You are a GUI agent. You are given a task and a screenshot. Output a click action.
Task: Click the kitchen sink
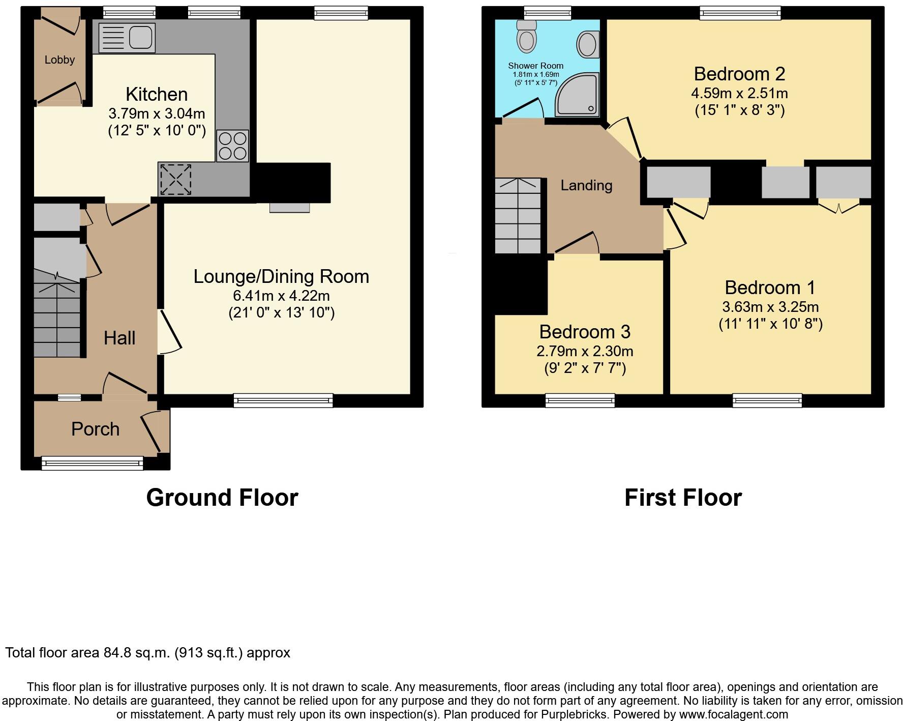(127, 38)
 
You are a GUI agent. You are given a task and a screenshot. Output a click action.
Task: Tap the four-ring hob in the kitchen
(232, 146)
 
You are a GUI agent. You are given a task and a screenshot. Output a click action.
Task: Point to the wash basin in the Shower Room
(587, 44)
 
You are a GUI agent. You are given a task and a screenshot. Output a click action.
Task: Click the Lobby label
(59, 60)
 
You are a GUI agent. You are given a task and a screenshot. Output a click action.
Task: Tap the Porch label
(95, 429)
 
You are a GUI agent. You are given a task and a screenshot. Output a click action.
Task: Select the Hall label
(119, 338)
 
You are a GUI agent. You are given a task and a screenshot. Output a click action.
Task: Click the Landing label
(586, 185)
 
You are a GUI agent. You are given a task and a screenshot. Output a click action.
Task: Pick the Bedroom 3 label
(585, 332)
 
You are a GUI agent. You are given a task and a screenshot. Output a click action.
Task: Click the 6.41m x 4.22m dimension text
(281, 295)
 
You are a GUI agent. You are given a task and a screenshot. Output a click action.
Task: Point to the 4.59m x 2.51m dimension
(739, 93)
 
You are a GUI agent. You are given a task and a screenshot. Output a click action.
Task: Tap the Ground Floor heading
(222, 497)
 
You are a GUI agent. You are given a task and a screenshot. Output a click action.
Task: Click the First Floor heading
(683, 497)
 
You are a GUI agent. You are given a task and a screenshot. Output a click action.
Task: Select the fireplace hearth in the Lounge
(289, 208)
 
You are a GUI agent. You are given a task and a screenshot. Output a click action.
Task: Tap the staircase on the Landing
(518, 216)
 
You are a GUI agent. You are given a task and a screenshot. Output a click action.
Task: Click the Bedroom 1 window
(767, 401)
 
